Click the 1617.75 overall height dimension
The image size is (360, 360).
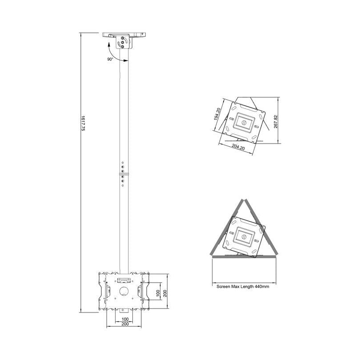tap(83, 123)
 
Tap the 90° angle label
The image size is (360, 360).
tap(110, 59)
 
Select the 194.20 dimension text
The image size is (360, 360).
tap(217, 114)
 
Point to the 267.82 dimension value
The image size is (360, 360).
tap(276, 121)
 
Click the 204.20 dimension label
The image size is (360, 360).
tap(238, 147)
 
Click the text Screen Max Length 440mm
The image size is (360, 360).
tap(243, 287)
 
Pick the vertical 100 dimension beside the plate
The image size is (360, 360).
tap(158, 293)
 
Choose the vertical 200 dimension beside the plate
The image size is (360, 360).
tap(165, 293)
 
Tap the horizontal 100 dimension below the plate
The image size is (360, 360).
tap(125, 319)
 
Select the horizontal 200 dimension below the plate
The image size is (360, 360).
tap(125, 324)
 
